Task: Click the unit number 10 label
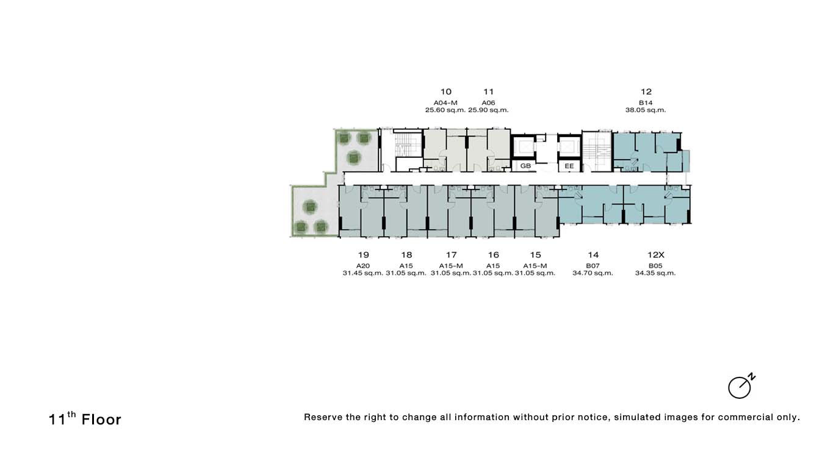pos(445,91)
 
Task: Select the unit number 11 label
pos(488,91)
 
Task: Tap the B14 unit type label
pos(646,102)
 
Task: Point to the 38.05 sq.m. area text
pos(646,110)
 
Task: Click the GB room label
pos(525,166)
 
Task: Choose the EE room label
pos(569,166)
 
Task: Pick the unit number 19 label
pos(363,255)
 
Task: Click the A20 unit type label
pos(363,266)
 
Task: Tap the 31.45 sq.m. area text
pos(363,273)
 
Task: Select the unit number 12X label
pos(655,255)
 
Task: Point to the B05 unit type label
pos(655,266)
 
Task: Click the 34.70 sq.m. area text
pos(593,273)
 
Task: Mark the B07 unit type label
pos(593,266)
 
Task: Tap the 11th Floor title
pos(85,419)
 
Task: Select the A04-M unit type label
pos(445,102)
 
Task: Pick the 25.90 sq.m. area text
pos(488,110)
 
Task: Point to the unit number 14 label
pos(593,255)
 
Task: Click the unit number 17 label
pos(451,255)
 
